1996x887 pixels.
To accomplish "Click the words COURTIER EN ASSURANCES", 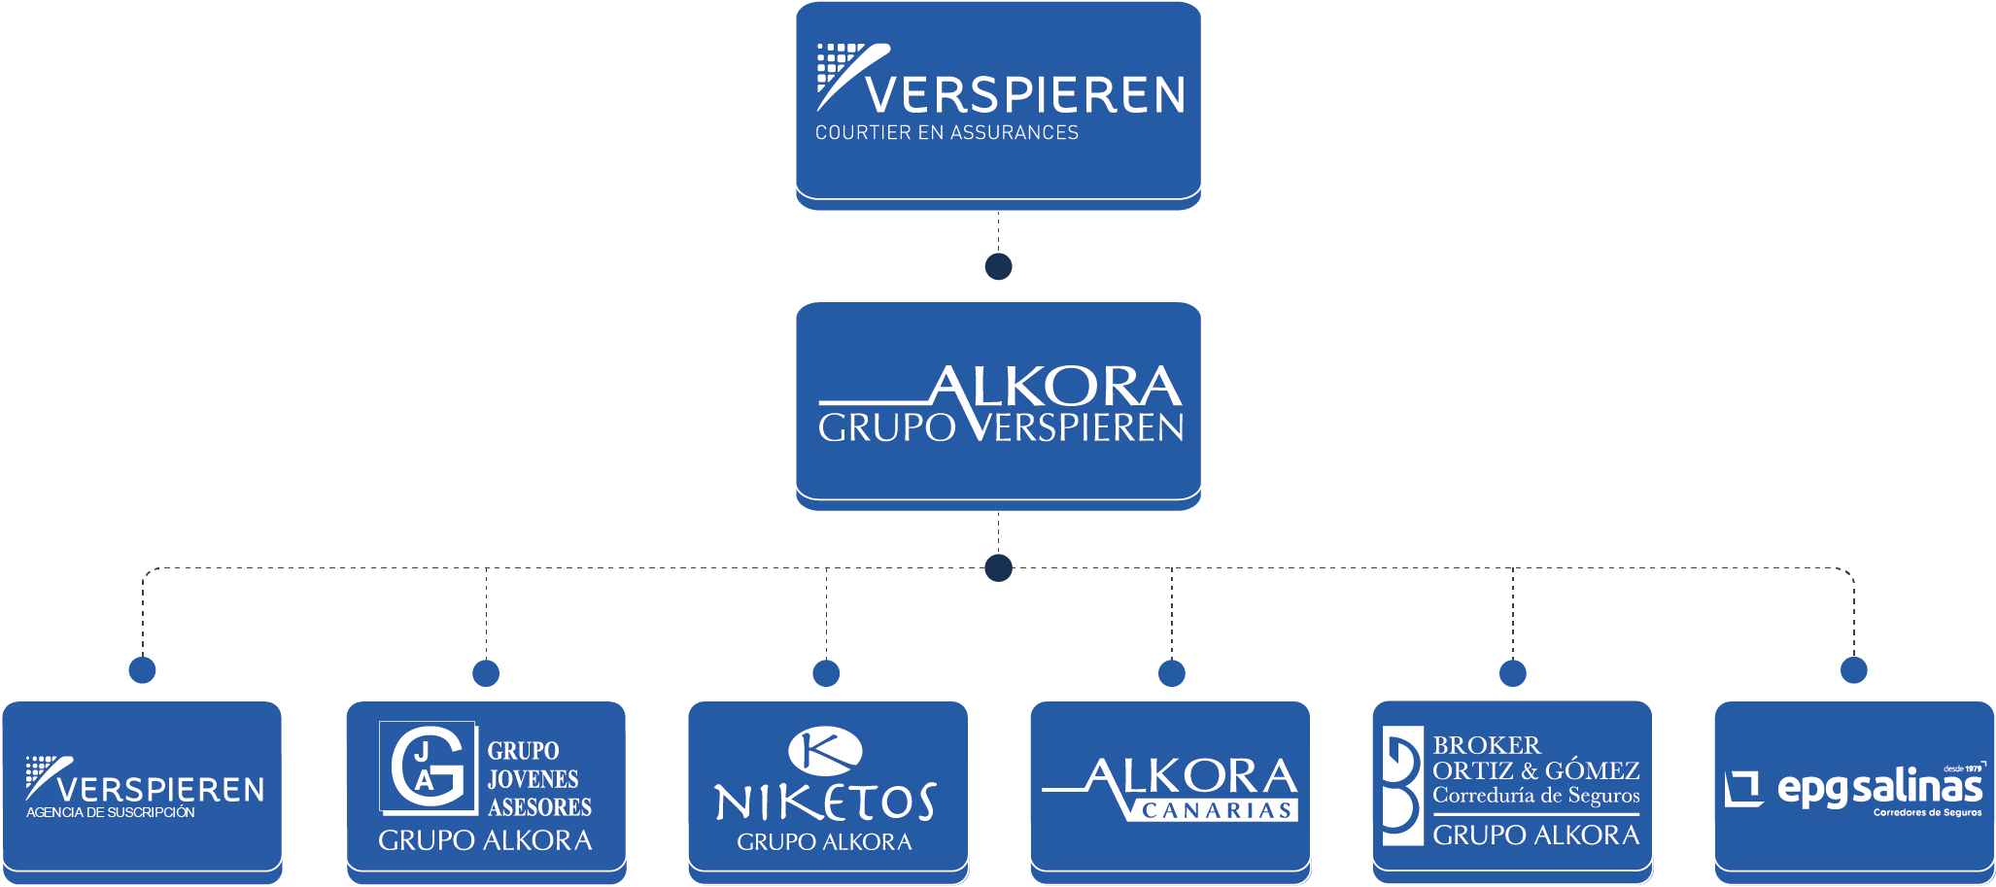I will click(x=946, y=133).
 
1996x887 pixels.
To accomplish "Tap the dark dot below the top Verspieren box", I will click(x=998, y=266).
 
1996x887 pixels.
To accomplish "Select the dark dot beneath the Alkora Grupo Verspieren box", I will click(x=998, y=567).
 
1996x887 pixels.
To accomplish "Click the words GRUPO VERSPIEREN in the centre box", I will click(x=1001, y=427).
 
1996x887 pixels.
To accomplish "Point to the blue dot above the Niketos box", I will click(x=826, y=672).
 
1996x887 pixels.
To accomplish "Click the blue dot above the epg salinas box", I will click(x=1853, y=669).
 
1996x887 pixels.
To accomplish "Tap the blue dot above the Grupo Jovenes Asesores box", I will click(x=486, y=672).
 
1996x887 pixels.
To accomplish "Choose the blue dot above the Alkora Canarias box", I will click(x=1171, y=672).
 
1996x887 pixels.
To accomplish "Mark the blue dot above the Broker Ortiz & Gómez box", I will click(x=1512, y=672).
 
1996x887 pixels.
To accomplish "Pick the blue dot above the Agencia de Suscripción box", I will click(x=142, y=669).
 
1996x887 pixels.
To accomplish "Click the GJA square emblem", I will click(x=428, y=768).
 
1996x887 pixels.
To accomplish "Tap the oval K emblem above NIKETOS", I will click(x=825, y=749).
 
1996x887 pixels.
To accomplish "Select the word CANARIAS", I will click(x=1216, y=811).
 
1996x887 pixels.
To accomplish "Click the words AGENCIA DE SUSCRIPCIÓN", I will click(x=111, y=813).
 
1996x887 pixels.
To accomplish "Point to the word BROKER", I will click(x=1486, y=745).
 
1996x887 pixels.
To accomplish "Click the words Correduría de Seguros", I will click(x=1535, y=796).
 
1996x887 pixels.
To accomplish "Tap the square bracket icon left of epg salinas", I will click(x=1743, y=789).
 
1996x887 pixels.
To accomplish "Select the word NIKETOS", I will click(x=825, y=802).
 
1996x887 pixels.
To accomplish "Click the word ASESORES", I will click(x=539, y=807).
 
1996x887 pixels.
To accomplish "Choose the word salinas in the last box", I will click(x=1916, y=789).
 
